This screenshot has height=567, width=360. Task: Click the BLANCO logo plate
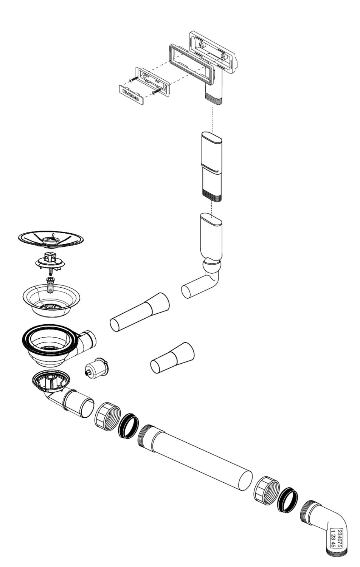tap(132, 94)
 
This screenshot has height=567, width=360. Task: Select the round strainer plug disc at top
tap(51, 239)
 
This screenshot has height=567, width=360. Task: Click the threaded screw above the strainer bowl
tap(51, 285)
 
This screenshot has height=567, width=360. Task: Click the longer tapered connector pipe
tap(140, 312)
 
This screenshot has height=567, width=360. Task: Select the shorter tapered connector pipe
tap(172, 358)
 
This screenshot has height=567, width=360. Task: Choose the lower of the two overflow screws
tap(157, 91)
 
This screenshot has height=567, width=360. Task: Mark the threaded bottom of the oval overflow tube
tap(212, 197)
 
